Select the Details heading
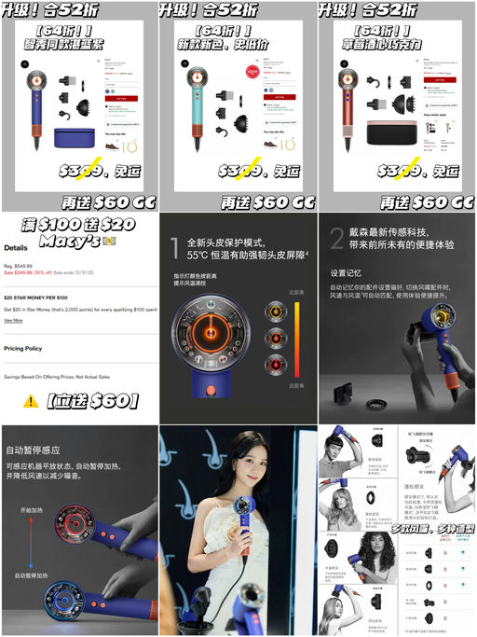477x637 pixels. [x=16, y=249]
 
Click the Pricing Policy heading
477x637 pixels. [x=23, y=347]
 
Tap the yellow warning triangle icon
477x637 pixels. [x=31, y=401]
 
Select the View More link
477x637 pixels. [x=13, y=320]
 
